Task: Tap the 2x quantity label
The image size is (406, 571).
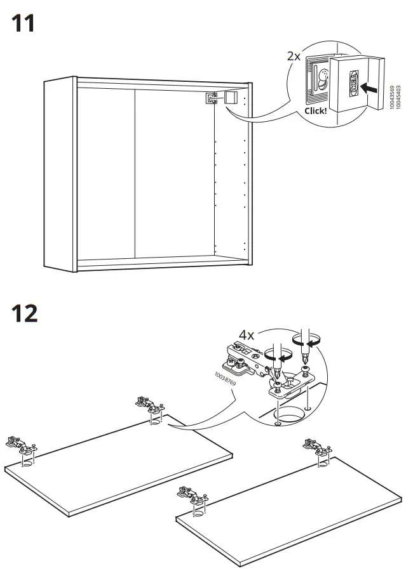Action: point(294,56)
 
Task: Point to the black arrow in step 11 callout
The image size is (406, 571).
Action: point(365,86)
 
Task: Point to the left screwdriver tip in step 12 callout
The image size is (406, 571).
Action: point(276,378)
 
